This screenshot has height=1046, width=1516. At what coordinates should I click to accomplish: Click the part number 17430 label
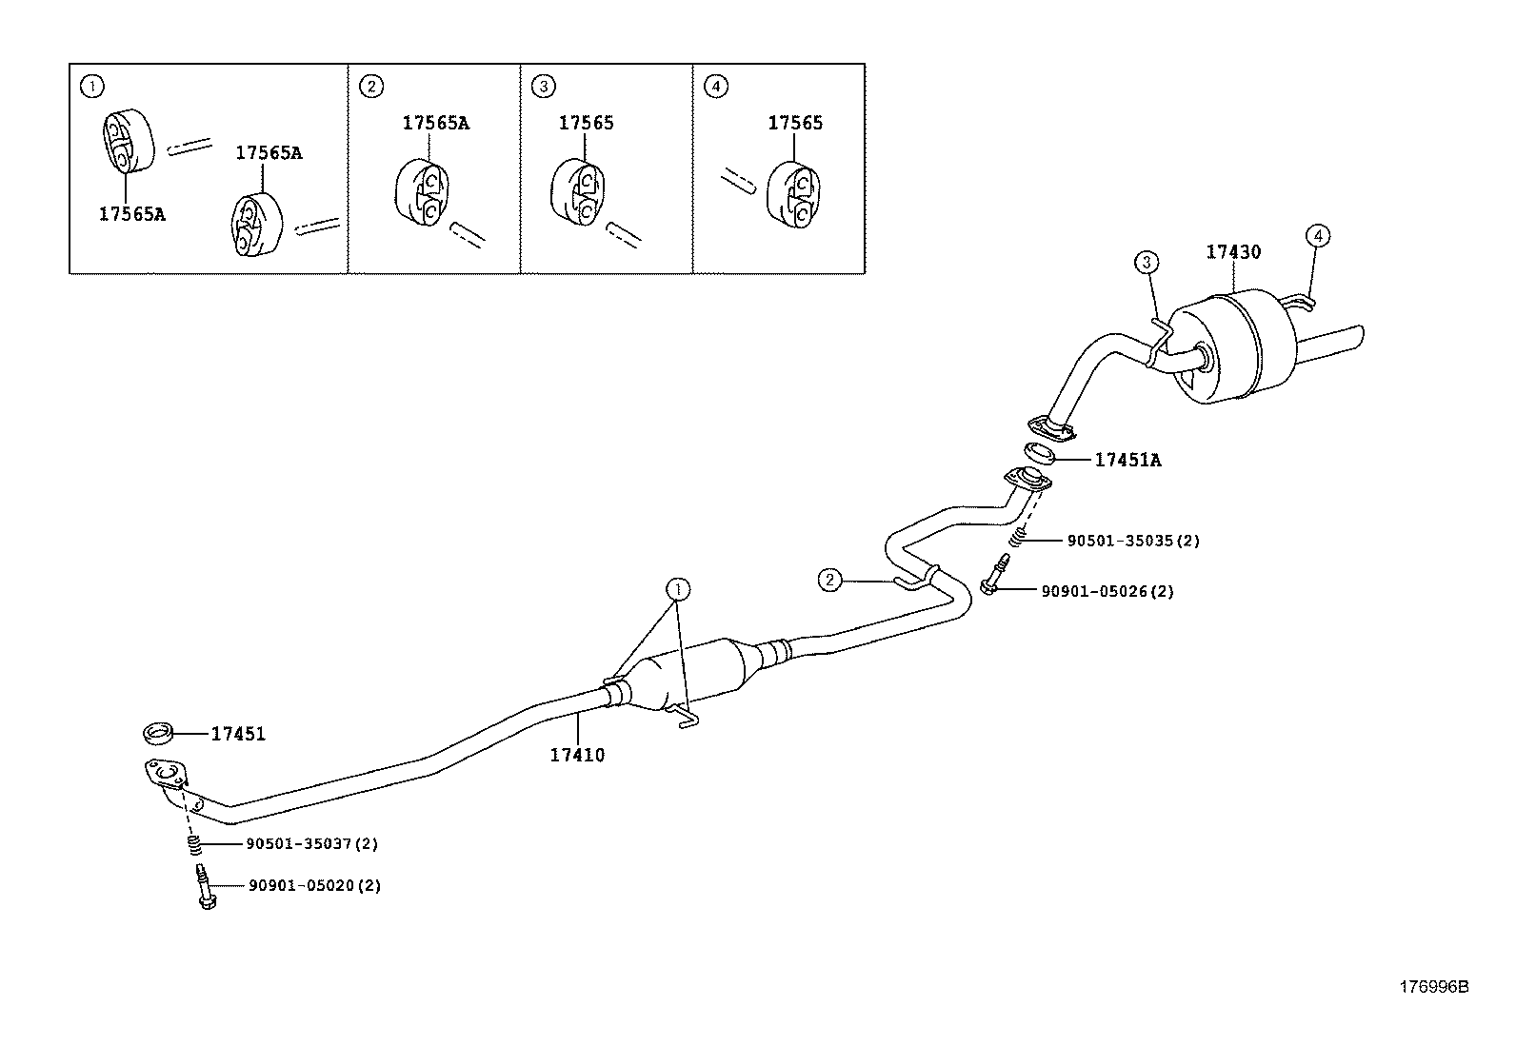pos(1233,252)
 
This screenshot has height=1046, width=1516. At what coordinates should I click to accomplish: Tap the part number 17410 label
pos(577,755)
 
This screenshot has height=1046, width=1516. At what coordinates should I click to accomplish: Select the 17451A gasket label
pos(1127,460)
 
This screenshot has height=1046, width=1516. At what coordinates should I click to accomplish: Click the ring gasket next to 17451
pos(158,733)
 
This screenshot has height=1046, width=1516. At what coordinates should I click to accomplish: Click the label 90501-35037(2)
pos(312,843)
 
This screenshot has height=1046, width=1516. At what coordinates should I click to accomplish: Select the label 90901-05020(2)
pos(314,885)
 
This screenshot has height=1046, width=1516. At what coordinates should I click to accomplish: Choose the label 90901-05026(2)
pos(1107,591)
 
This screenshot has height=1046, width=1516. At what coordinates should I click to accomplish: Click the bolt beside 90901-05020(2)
pos(206,886)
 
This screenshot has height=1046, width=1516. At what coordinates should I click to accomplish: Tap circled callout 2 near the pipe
pos(830,580)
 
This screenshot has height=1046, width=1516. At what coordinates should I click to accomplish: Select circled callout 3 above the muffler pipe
pos(1147,262)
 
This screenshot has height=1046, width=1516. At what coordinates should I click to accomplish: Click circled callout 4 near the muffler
pos(1318,235)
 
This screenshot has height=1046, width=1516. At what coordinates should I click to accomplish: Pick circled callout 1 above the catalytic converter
pos(678,589)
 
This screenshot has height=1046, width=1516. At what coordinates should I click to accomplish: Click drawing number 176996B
pos(1433,987)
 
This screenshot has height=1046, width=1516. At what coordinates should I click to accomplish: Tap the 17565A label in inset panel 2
pos(435,123)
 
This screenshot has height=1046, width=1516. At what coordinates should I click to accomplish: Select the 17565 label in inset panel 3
pos(586,123)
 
